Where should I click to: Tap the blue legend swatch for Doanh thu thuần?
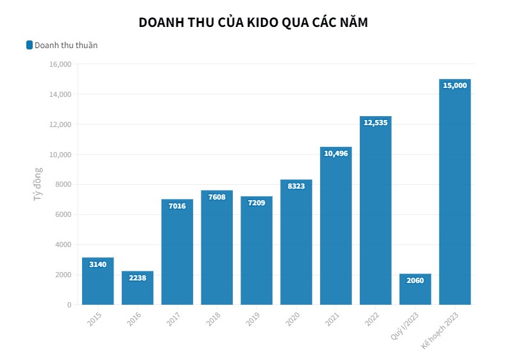click(29, 45)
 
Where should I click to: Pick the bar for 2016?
click(137, 288)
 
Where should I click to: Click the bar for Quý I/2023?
click(415, 289)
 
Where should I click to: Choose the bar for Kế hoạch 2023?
click(455, 193)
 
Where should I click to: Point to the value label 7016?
click(177, 206)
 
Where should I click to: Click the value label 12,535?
click(375, 123)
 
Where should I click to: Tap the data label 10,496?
click(335, 153)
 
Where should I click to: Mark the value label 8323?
click(296, 185)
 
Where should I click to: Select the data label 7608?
click(217, 197)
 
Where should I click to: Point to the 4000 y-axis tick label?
click(62, 244)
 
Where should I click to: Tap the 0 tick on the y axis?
click(69, 305)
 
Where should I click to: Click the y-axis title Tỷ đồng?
click(38, 184)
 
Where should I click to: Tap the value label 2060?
click(415, 280)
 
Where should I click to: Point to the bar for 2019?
click(257, 250)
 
